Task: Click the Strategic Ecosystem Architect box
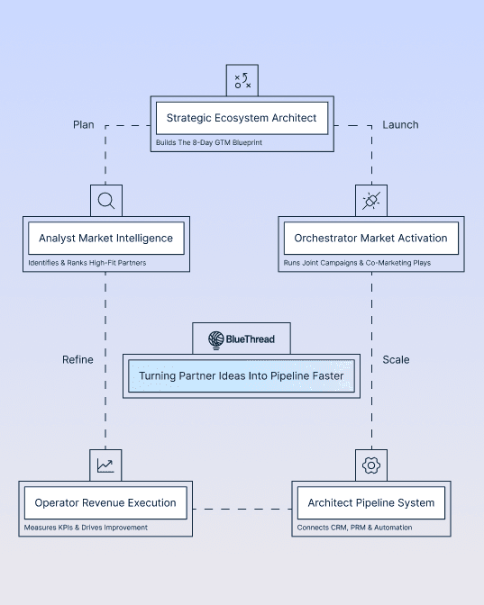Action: pos(242,118)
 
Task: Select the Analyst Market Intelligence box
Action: pos(105,239)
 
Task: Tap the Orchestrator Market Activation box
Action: pos(370,239)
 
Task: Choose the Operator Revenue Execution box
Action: pos(105,502)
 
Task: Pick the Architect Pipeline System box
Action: pos(370,502)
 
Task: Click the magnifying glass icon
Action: pos(105,201)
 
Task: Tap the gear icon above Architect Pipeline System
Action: pos(370,465)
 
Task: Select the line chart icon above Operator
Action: pos(105,465)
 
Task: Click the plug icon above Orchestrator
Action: pos(370,201)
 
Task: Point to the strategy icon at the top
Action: pos(242,80)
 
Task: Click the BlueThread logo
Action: pos(242,339)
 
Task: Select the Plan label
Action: pos(83,125)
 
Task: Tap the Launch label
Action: pos(400,125)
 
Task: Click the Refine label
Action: pos(78,359)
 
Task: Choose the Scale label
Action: pos(396,359)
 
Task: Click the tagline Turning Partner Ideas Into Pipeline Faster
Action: pos(242,375)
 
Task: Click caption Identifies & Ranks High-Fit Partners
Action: pos(87,263)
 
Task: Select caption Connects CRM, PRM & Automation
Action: pos(355,528)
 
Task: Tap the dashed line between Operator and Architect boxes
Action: pos(242,510)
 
